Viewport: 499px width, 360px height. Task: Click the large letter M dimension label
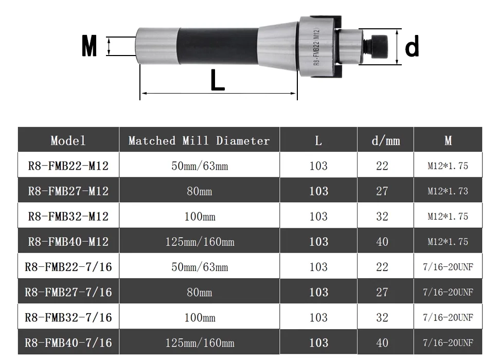click(x=90, y=46)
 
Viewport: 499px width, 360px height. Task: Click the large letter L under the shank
click(x=218, y=80)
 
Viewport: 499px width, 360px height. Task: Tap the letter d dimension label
click(x=412, y=47)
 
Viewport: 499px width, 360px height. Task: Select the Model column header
click(x=68, y=140)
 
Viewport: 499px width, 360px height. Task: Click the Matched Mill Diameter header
click(x=199, y=140)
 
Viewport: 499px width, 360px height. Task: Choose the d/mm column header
click(x=385, y=140)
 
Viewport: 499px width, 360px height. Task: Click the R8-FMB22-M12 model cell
click(x=68, y=166)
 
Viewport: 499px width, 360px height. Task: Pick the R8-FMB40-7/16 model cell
click(x=68, y=343)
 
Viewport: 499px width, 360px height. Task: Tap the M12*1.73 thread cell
click(x=448, y=191)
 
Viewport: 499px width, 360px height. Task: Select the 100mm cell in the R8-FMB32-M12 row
click(x=200, y=217)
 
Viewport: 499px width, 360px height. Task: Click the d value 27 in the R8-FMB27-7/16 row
click(x=382, y=292)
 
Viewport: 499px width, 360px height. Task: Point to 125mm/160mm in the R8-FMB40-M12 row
click(x=200, y=242)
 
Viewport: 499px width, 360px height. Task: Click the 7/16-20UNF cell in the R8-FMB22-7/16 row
click(x=448, y=267)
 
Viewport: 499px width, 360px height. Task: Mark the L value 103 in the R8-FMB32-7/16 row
click(x=318, y=317)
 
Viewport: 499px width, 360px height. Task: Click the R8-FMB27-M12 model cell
click(x=68, y=191)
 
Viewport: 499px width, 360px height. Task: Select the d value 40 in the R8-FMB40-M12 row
click(x=382, y=242)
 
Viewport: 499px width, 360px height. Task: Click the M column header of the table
click(x=448, y=140)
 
